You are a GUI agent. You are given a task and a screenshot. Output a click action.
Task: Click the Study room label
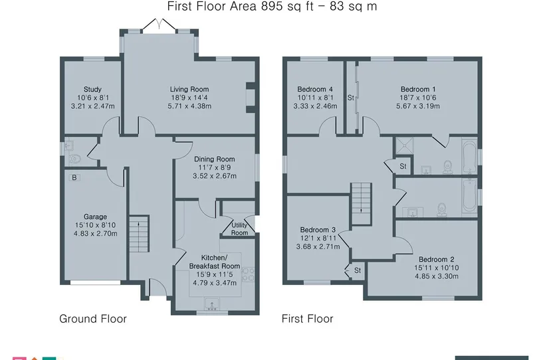point(92,89)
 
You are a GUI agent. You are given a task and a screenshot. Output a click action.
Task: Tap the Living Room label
point(189,89)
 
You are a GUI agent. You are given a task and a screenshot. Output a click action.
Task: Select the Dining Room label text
point(214,159)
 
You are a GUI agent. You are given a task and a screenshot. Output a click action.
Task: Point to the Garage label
point(95,217)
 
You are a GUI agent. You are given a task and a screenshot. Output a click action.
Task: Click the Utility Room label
point(239,229)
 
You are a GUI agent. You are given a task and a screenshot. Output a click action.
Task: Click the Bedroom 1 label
point(418,89)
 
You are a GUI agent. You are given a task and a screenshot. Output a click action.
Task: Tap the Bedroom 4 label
point(315,89)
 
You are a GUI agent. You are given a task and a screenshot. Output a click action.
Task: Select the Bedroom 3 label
point(318,230)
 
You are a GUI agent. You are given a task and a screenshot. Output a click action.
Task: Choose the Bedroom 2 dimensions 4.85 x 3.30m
point(437,276)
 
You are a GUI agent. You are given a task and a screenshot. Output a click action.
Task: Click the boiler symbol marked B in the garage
point(74,177)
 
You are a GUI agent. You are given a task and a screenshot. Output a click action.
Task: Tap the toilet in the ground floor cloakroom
point(74,159)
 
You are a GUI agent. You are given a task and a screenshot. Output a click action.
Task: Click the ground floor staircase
point(139,233)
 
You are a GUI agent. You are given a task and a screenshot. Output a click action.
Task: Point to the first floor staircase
point(362,204)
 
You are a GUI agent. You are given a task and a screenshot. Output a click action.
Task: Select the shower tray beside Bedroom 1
point(404,145)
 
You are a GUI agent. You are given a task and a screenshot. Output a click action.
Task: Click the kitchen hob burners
point(248,274)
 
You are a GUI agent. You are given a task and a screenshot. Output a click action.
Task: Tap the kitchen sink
point(211,304)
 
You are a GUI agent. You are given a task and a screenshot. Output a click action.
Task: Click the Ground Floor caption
point(93,319)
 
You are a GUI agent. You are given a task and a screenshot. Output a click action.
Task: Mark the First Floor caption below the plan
point(308,319)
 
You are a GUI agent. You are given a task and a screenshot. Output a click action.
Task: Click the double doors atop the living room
point(160,25)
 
